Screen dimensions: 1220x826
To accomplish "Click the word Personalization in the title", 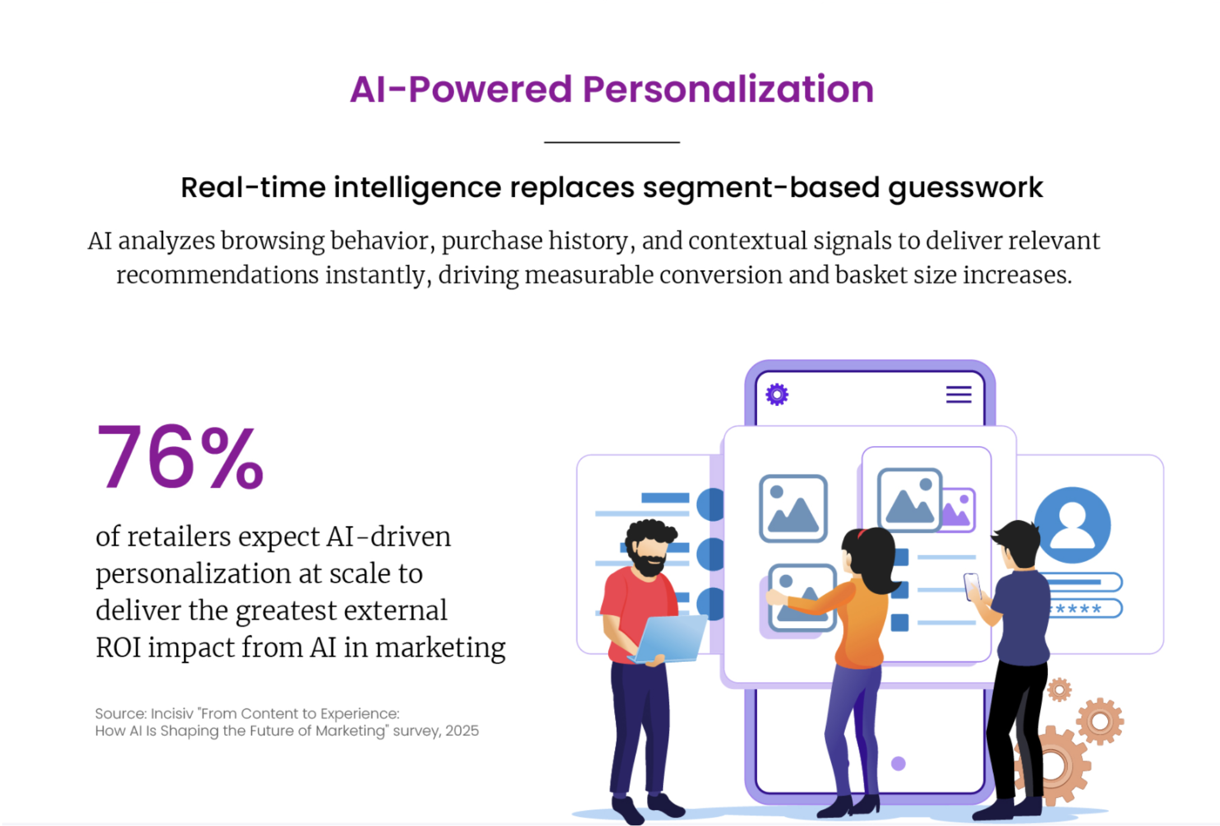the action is pos(728,89).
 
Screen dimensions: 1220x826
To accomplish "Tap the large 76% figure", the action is pos(179,457).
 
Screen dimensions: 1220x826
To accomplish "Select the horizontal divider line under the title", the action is pos(612,142).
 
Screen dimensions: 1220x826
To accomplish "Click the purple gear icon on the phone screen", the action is pos(777,395).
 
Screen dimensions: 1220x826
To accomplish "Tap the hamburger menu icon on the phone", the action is pos(959,395).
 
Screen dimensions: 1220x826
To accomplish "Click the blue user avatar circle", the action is pos(1073,525).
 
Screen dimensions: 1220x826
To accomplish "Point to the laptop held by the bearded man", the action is pos(670,639).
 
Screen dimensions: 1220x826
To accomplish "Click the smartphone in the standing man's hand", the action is pos(972,586).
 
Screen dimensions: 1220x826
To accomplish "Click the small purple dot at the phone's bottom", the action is pos(898,763).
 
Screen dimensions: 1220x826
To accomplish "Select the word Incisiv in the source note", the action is pos(172,713).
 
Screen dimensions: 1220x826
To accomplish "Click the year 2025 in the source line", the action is pos(462,731).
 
